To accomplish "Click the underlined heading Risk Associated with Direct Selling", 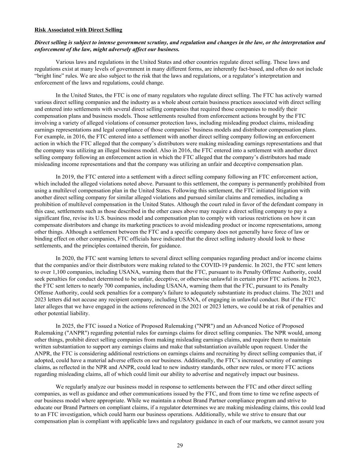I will coord(78,30).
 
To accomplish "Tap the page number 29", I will coord(180,446).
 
